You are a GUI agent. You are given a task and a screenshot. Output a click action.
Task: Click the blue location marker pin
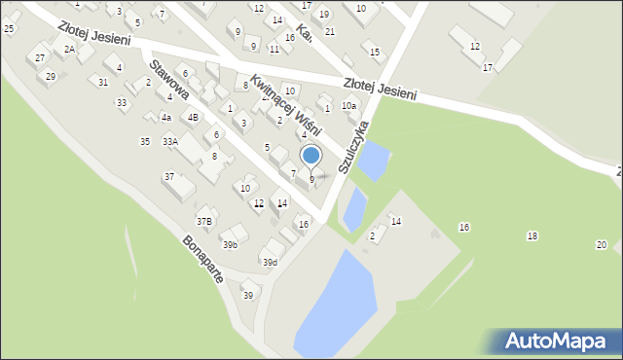(311, 156)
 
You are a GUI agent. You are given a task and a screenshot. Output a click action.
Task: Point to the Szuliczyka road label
(354, 147)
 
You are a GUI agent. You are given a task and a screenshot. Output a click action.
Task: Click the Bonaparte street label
(203, 259)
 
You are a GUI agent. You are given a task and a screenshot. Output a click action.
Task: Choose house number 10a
(348, 105)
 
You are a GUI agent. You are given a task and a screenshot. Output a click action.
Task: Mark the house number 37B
(204, 221)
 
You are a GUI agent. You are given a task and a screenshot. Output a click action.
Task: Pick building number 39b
(230, 244)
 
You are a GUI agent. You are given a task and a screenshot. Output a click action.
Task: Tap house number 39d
(270, 262)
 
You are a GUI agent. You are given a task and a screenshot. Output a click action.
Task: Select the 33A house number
(170, 142)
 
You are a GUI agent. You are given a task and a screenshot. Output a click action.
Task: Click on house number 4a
(166, 118)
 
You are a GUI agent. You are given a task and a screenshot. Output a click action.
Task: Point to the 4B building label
(193, 118)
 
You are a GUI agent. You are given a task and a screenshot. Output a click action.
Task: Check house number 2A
(69, 48)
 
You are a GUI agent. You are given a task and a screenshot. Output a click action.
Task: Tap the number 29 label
(51, 76)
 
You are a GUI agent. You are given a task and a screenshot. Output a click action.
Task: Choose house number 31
(103, 82)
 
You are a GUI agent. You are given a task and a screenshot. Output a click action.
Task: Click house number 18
(531, 236)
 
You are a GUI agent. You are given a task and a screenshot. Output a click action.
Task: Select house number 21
(330, 32)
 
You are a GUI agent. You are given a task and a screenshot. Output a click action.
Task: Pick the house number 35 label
(145, 142)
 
